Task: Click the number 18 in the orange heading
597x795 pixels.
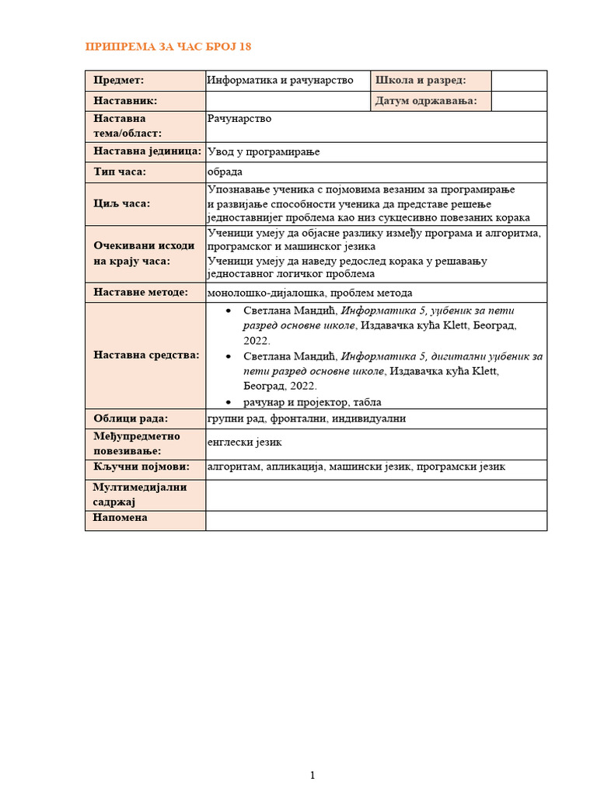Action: pos(244,47)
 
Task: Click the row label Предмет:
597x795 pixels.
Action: pos(119,80)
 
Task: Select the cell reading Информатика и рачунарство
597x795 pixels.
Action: pos(281,80)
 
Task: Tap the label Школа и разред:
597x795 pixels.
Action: pos(421,80)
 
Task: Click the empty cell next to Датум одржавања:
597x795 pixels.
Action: pos(519,101)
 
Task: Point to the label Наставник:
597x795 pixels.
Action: pos(125,101)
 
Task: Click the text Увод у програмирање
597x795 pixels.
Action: pos(264,151)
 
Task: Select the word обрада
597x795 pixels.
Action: pos(225,172)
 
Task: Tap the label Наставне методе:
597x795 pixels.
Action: pos(141,293)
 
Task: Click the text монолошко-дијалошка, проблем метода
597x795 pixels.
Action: pos(310,293)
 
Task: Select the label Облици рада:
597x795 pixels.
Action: pos(131,419)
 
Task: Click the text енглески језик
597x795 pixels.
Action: pos(245,443)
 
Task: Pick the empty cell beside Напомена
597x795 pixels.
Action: pos(375,519)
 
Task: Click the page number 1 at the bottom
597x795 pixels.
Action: pos(312,775)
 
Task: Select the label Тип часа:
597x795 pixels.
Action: pos(120,172)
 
